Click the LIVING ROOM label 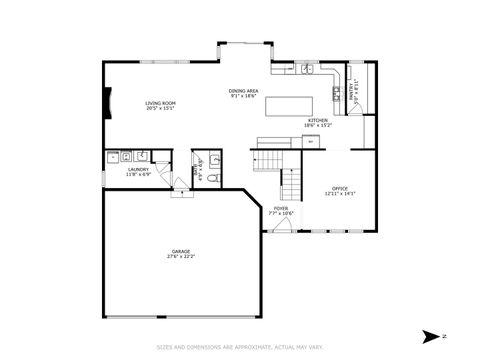(161, 102)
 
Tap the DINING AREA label (245, 91)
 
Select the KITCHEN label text (318, 119)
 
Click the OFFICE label (340, 188)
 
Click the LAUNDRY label (138, 169)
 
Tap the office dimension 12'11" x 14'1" (340, 194)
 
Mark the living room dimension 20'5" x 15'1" (161, 108)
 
